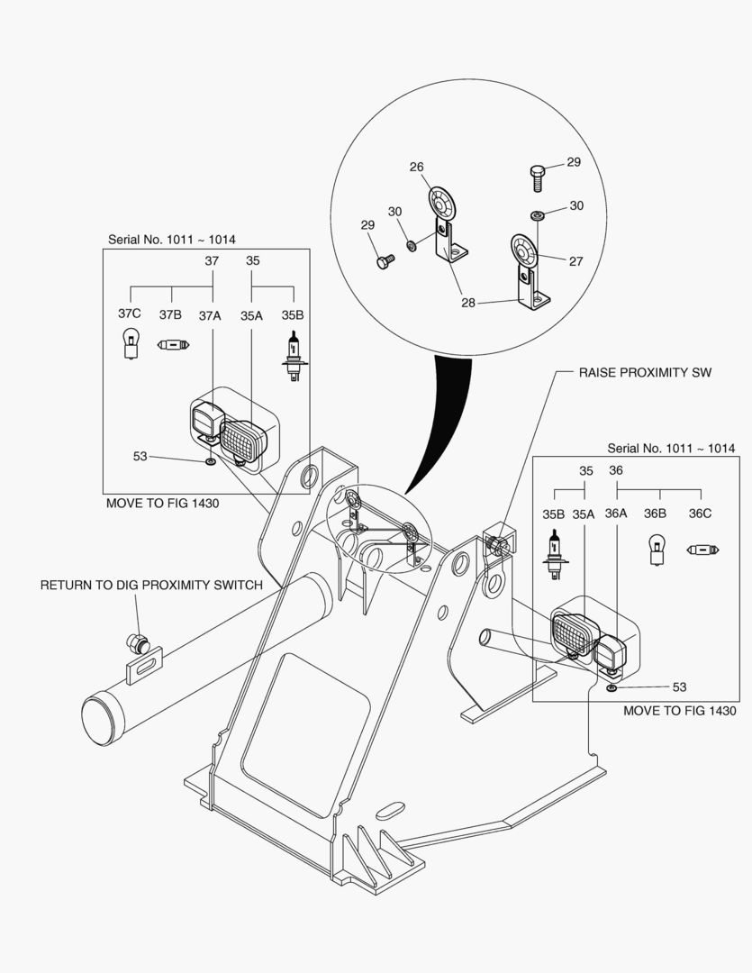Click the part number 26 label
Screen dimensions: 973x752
click(x=416, y=167)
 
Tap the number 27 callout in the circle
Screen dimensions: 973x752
click(x=575, y=261)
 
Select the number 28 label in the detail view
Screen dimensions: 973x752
click(x=467, y=303)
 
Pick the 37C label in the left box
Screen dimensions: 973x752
click(x=130, y=314)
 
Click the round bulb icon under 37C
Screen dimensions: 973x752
click(x=130, y=344)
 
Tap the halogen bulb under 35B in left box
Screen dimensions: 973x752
click(x=293, y=353)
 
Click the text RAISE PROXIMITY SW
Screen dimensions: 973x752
click(x=645, y=372)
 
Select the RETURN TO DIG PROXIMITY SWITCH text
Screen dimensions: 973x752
click(x=151, y=585)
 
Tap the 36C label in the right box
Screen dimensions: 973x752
click(x=700, y=514)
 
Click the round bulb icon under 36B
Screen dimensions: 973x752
click(x=658, y=550)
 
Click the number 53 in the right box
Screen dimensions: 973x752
click(x=679, y=687)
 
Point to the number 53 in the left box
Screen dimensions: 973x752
click(x=140, y=457)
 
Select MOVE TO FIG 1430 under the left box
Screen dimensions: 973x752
click(x=162, y=504)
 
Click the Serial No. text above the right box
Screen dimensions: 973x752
click(x=671, y=448)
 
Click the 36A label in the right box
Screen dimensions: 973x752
click(x=616, y=514)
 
